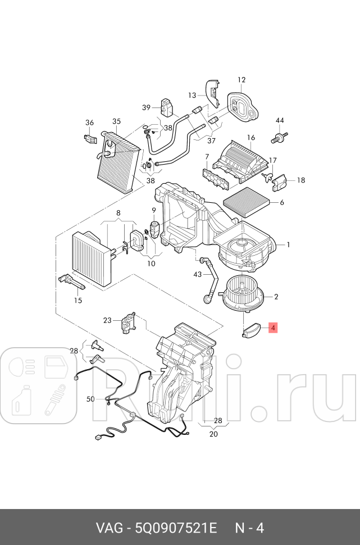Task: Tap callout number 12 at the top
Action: click(241, 80)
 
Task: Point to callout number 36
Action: click(89, 123)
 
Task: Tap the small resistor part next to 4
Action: click(251, 330)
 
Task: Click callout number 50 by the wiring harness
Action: click(90, 399)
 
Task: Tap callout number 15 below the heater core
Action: click(78, 301)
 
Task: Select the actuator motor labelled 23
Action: click(128, 324)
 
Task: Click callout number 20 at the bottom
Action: click(213, 434)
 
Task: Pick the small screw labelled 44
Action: click(279, 137)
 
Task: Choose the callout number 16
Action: click(250, 138)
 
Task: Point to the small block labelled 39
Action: click(167, 106)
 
